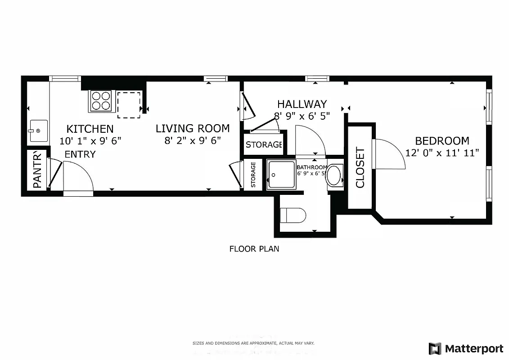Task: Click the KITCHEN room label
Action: (90, 129)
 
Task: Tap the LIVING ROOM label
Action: (193, 129)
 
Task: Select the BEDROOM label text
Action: (442, 141)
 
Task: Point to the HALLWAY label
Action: (302, 104)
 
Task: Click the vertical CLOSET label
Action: (360, 167)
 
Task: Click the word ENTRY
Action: (80, 154)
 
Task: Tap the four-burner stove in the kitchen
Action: (101, 101)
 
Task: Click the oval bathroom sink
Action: (334, 175)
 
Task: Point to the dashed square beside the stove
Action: (129, 105)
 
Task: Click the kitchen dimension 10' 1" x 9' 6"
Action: (90, 141)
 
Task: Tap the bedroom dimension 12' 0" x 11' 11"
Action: (442, 153)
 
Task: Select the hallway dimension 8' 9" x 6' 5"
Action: (302, 116)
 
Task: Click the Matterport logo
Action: (466, 348)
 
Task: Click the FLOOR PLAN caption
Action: (254, 248)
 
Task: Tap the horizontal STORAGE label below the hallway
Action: (264, 144)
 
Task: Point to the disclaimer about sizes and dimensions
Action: (253, 343)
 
